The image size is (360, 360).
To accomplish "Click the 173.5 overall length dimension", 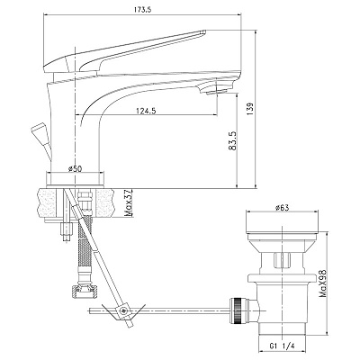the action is click(142, 9).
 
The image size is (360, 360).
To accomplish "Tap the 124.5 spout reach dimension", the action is click(146, 111).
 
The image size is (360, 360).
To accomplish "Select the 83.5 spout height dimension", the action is click(232, 140).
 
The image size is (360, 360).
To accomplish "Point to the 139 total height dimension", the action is click(251, 109).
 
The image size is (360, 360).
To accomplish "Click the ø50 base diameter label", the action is click(75, 169).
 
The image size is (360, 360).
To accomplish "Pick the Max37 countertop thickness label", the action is click(129, 203).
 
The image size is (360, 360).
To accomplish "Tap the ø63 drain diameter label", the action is click(282, 208).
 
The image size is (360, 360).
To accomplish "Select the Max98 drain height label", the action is click(323, 283).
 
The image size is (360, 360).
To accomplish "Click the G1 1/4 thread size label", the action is click(282, 346).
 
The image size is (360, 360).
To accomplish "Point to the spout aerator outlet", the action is click(217, 91).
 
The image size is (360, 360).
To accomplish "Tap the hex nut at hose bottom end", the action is click(85, 290).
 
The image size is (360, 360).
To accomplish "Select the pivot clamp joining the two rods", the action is click(122, 311).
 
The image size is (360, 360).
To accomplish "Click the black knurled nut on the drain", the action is click(236, 310).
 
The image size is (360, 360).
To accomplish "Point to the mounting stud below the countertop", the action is click(67, 232).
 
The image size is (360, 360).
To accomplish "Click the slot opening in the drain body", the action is click(282, 260).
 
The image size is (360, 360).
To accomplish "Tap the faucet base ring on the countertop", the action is click(76, 179).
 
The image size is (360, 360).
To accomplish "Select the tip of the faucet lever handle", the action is click(203, 31).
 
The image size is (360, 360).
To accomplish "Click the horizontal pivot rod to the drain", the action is click(159, 311).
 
